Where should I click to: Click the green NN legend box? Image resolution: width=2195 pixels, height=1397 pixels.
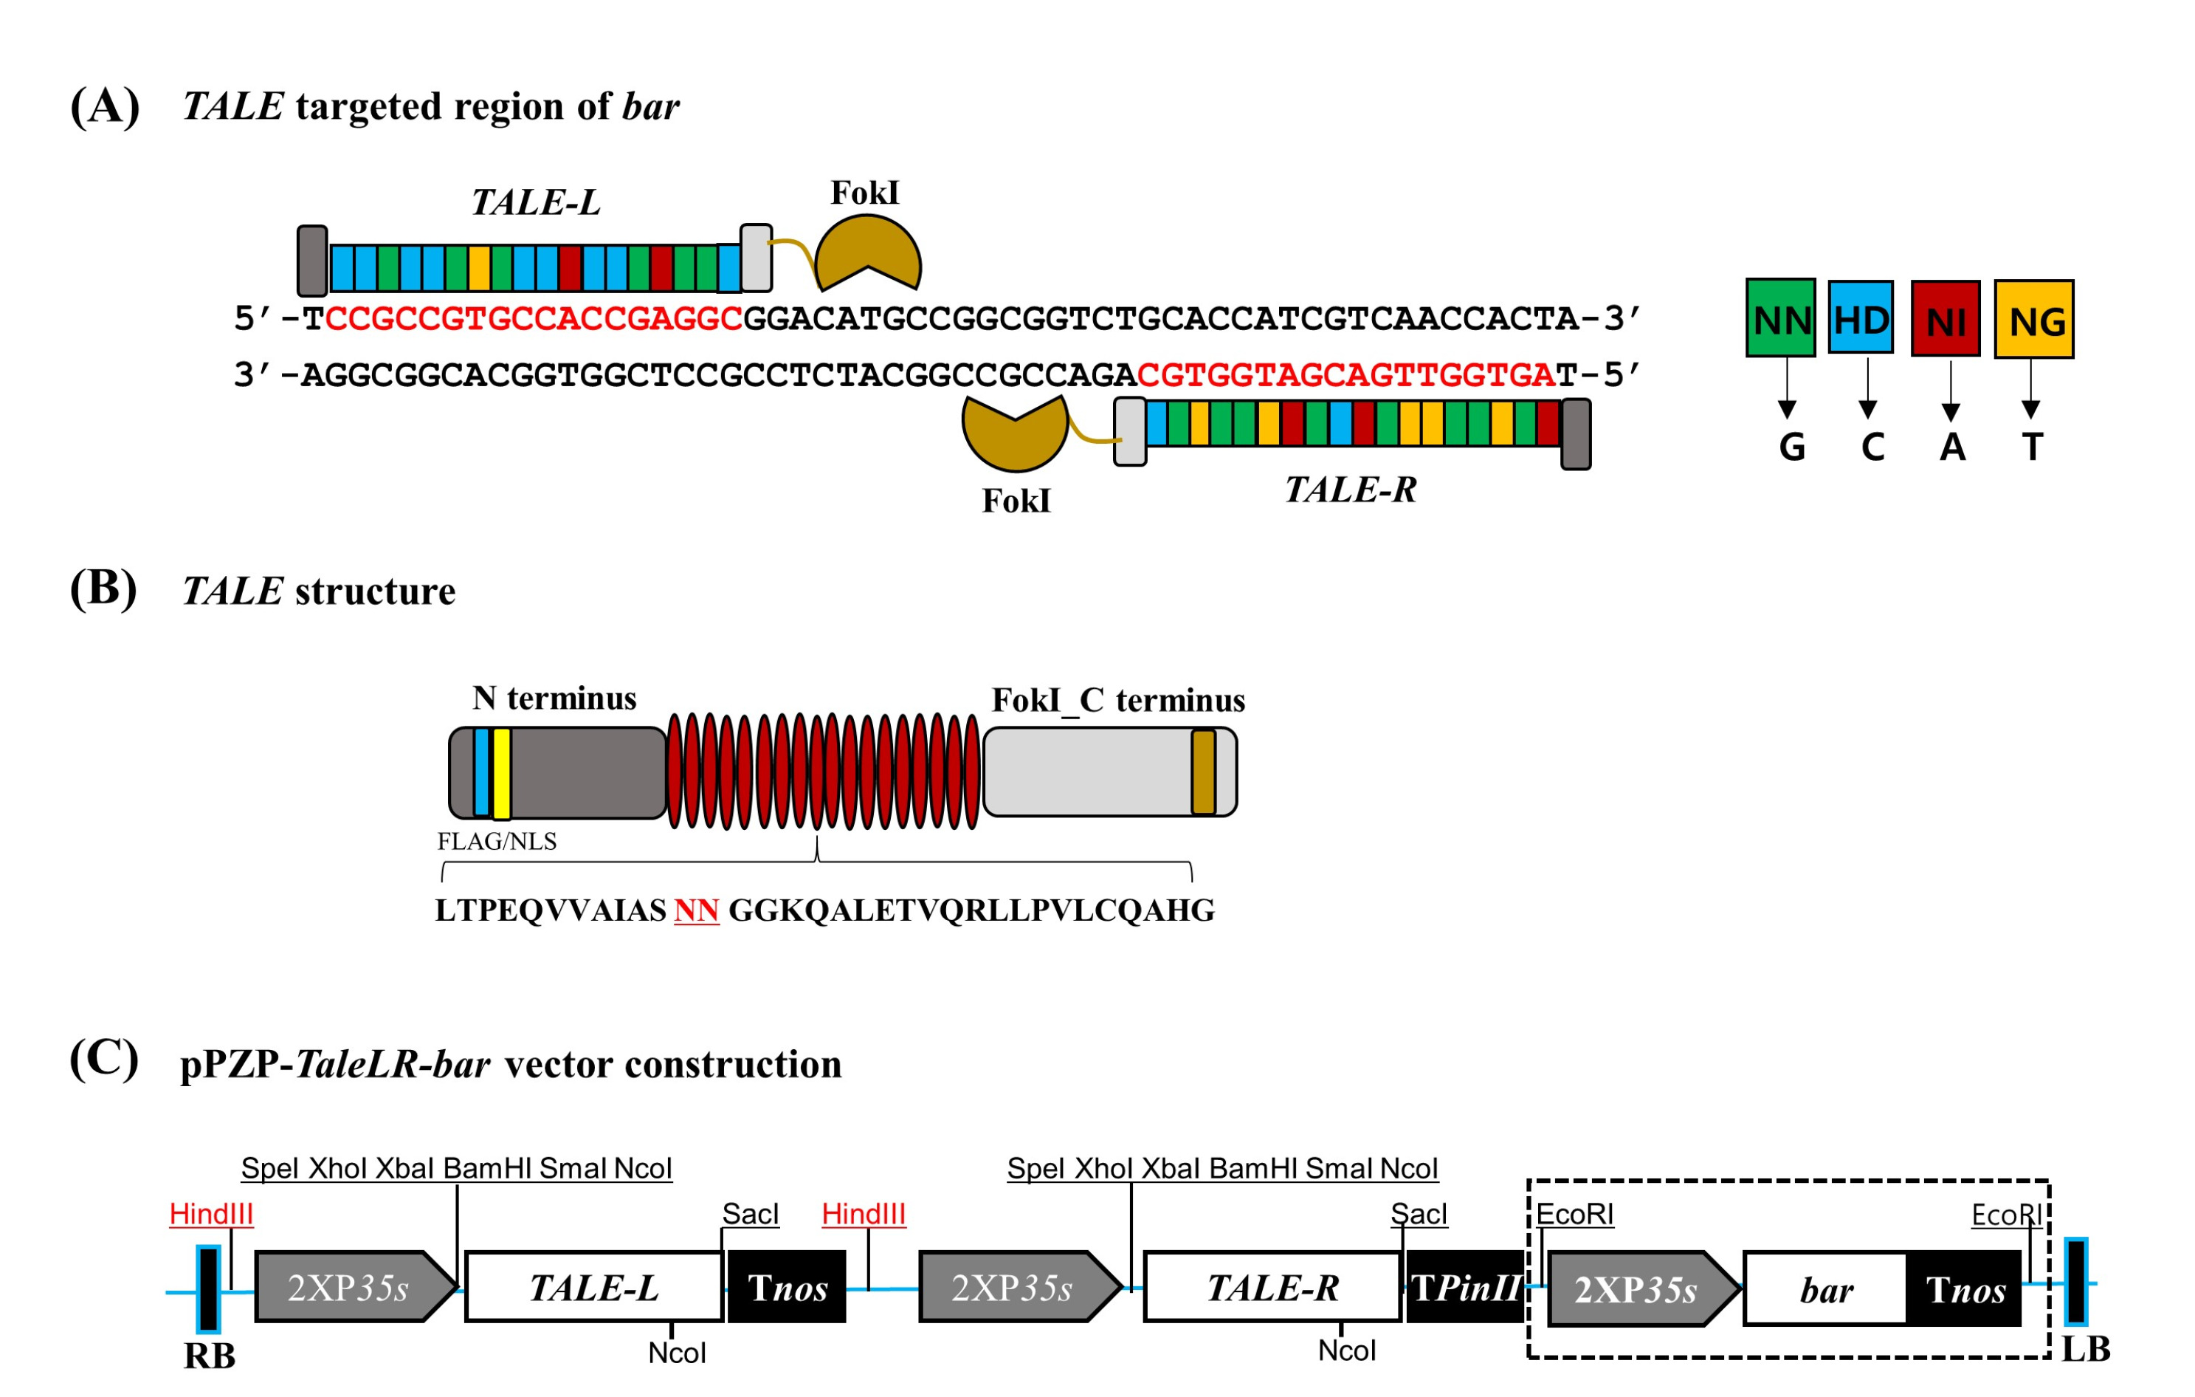pyautogui.click(x=1780, y=318)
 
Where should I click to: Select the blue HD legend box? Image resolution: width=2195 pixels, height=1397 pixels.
pyautogui.click(x=1861, y=317)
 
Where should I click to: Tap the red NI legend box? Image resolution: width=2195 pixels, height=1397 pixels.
pyautogui.click(x=1946, y=318)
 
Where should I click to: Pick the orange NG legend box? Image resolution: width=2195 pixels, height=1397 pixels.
pyautogui.click(x=2033, y=319)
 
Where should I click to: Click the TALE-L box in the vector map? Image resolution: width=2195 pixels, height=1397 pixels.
pyautogui.click(x=594, y=1287)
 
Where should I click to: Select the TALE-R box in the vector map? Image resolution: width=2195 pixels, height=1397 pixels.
pyautogui.click(x=1272, y=1287)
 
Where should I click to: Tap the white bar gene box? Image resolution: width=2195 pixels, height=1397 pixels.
pyautogui.click(x=1826, y=1288)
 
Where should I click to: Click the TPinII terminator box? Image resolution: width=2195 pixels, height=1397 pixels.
pyautogui.click(x=1466, y=1287)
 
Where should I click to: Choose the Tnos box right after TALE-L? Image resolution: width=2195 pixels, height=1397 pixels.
pyautogui.click(x=787, y=1287)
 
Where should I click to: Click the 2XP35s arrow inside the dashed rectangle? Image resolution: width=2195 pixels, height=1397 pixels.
pyautogui.click(x=1644, y=1288)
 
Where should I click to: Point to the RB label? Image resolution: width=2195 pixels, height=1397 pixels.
pyautogui.click(x=210, y=1356)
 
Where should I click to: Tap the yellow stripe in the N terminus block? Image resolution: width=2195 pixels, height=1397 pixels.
pyautogui.click(x=501, y=773)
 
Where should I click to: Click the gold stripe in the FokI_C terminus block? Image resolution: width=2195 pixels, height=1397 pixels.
pyautogui.click(x=1203, y=772)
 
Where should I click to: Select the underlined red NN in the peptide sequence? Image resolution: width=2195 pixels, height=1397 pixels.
pyautogui.click(x=697, y=910)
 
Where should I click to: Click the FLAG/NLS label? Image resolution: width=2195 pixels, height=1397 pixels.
pyautogui.click(x=497, y=841)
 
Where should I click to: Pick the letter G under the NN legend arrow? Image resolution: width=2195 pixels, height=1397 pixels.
pyautogui.click(x=1792, y=447)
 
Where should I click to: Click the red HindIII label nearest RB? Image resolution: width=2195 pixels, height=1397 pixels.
pyautogui.click(x=212, y=1214)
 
